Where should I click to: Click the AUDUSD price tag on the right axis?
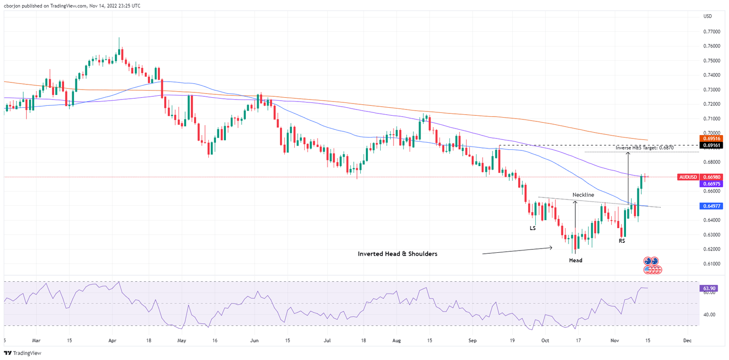(x=688, y=177)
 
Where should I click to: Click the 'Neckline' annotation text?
(x=583, y=195)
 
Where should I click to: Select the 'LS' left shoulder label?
(x=533, y=228)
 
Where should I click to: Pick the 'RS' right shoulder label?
(x=622, y=241)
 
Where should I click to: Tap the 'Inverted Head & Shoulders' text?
(x=397, y=254)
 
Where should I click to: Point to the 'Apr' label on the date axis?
(x=112, y=341)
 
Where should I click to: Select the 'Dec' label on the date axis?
(x=686, y=341)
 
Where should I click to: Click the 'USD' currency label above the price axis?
(x=708, y=17)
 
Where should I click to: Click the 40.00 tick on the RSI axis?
(x=709, y=314)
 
